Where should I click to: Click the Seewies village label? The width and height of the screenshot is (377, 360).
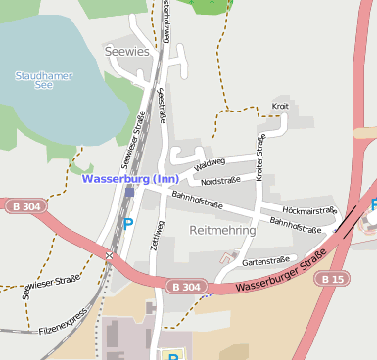click(126, 50)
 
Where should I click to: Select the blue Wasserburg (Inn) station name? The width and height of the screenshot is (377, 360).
click(130, 179)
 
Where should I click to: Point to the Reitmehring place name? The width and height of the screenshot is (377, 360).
click(222, 231)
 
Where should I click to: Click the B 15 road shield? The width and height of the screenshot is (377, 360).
click(334, 279)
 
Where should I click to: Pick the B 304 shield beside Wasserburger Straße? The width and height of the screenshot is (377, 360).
click(184, 287)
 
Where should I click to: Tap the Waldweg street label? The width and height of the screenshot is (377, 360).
click(210, 165)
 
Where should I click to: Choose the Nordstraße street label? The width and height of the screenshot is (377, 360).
click(220, 181)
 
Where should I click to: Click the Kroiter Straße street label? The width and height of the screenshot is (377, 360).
click(260, 157)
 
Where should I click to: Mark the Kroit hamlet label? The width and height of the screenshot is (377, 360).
click(280, 106)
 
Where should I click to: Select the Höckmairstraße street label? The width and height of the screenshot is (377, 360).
click(308, 210)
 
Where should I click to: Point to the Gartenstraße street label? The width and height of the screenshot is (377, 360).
click(263, 261)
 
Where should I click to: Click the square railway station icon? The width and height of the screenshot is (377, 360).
click(129, 192)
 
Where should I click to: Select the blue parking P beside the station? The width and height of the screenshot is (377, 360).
click(126, 224)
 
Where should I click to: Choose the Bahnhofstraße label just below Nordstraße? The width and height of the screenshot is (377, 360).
click(198, 201)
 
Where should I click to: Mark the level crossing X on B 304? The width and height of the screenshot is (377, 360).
click(110, 256)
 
